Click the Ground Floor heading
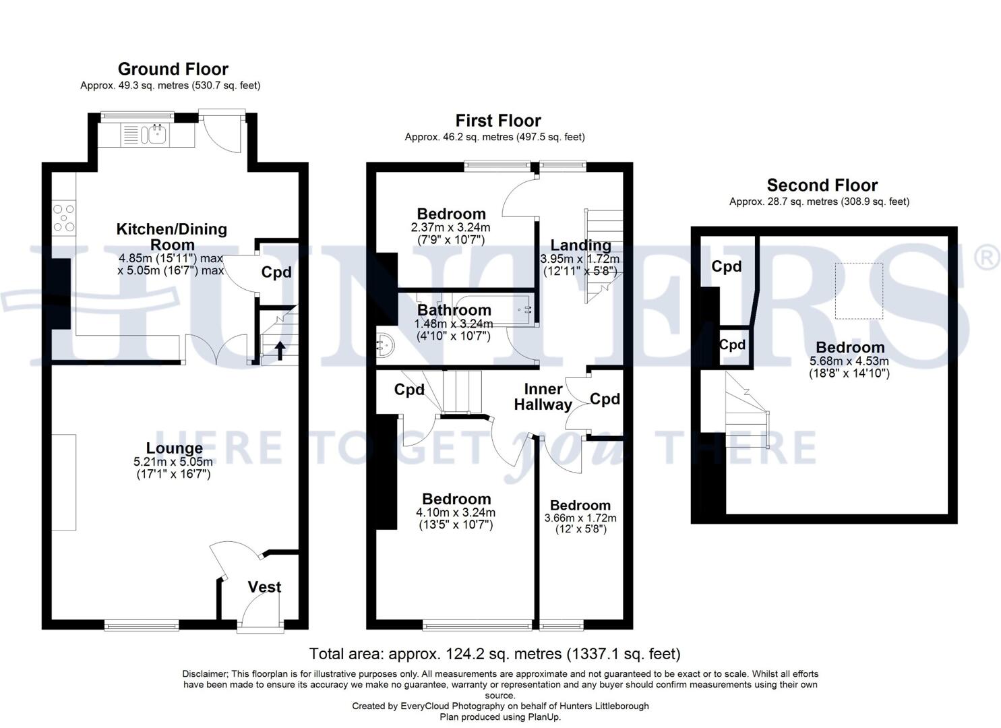pos(173,69)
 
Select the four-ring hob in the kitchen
pos(64,218)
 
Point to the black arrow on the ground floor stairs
pos(280,351)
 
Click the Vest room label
pos(264,586)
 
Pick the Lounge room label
pos(175,448)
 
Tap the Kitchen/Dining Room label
pos(172,237)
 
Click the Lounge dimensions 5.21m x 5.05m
pos(173,462)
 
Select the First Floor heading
pos(498,121)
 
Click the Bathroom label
pos(454,309)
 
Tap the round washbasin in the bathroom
pos(385,347)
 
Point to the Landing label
pos(580,245)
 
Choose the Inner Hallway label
pos(543,397)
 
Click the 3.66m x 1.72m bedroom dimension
pos(580,518)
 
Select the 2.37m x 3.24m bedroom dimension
pos(450,227)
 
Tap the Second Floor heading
pos(822,185)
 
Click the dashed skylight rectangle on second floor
pos(859,291)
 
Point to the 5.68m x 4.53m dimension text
pos(849,361)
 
